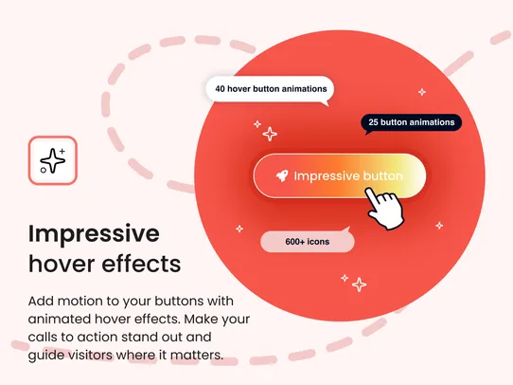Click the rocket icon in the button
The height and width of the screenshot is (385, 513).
(x=280, y=176)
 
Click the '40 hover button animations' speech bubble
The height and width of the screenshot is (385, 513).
(x=271, y=89)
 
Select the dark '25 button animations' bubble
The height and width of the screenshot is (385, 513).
(x=411, y=122)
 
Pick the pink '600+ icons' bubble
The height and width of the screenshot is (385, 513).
(x=307, y=242)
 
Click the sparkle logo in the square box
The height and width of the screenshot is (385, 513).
(x=52, y=160)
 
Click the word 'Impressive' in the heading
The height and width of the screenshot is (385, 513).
(x=94, y=233)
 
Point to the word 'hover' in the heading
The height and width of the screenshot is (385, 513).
(x=64, y=262)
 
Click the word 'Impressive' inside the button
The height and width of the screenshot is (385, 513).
(x=327, y=176)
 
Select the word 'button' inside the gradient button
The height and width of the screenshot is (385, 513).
(x=383, y=176)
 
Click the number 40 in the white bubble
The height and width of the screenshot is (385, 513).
(x=221, y=89)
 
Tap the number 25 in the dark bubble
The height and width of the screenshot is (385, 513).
(x=374, y=122)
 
